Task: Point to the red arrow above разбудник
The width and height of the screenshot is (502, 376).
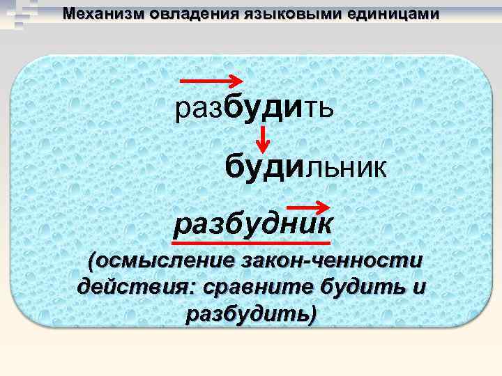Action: (x=309, y=206)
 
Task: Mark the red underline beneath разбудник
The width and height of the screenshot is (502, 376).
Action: (x=252, y=243)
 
